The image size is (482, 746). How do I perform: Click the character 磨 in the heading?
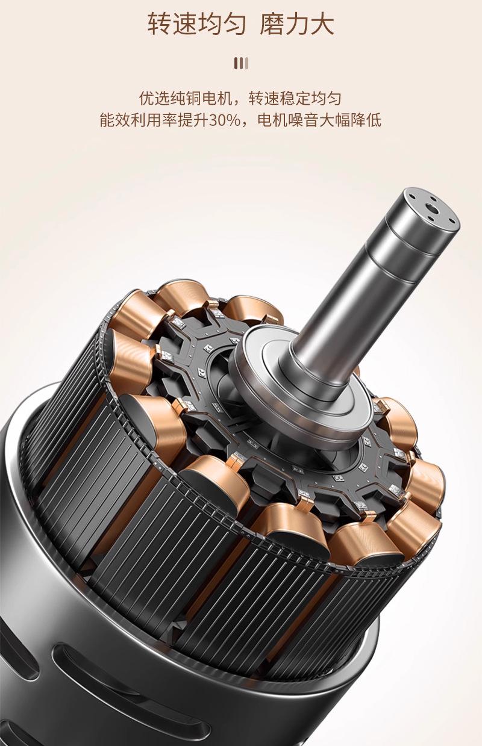tap(271, 24)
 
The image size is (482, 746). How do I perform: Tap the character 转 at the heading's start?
tap(160, 24)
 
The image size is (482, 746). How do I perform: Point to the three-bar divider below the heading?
tap(241, 63)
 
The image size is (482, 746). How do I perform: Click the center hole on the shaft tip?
tap(433, 209)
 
